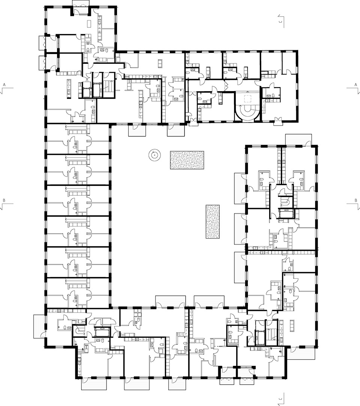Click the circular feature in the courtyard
click(154, 155)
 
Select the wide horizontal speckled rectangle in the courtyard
click(187, 160)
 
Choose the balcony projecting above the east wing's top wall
click(298, 139)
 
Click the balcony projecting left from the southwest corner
click(39, 326)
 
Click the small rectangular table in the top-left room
click(89, 23)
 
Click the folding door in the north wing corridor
click(226, 85)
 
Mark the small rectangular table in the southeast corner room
click(292, 325)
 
